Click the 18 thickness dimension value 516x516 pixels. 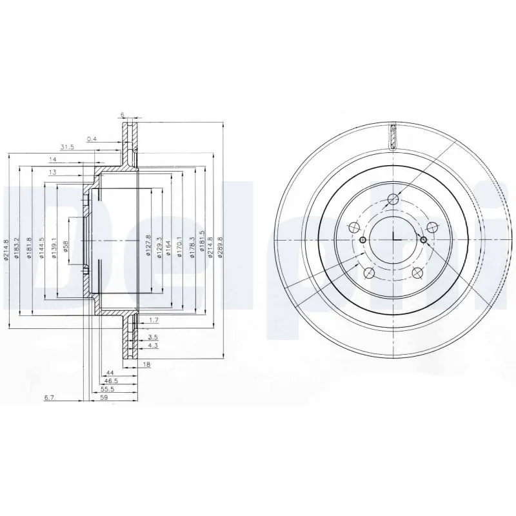point(146,365)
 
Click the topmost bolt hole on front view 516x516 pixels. point(393,199)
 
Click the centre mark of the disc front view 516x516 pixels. point(393,239)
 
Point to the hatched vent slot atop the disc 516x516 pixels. point(393,135)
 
